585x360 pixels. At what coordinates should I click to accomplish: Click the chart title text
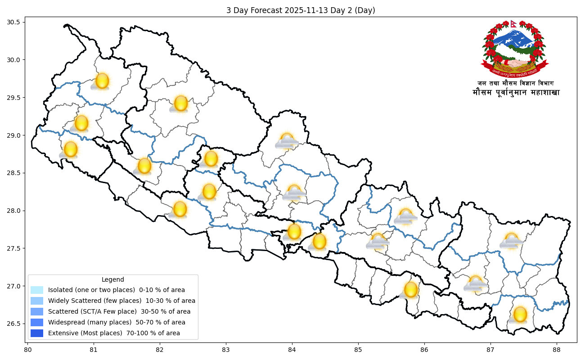point(301,10)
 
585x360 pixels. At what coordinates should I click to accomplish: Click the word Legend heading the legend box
point(112,279)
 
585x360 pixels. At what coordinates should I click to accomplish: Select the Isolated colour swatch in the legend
point(37,290)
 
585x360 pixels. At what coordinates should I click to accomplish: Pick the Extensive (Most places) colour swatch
point(37,333)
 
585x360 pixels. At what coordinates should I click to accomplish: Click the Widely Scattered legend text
point(121,301)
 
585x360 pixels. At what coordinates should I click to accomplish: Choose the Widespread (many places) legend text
point(117,322)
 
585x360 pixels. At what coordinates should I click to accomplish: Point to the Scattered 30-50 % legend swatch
point(37,311)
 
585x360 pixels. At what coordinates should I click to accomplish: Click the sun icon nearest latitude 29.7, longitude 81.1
point(102,81)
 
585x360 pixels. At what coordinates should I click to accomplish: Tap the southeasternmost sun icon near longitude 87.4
point(519,315)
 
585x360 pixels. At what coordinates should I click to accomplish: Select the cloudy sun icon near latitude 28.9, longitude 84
point(287,141)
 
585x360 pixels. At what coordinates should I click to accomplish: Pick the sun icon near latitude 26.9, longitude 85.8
point(410,290)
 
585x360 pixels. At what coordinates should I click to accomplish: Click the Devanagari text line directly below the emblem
point(516,83)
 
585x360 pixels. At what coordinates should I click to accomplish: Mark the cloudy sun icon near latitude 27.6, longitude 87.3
point(511,241)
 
